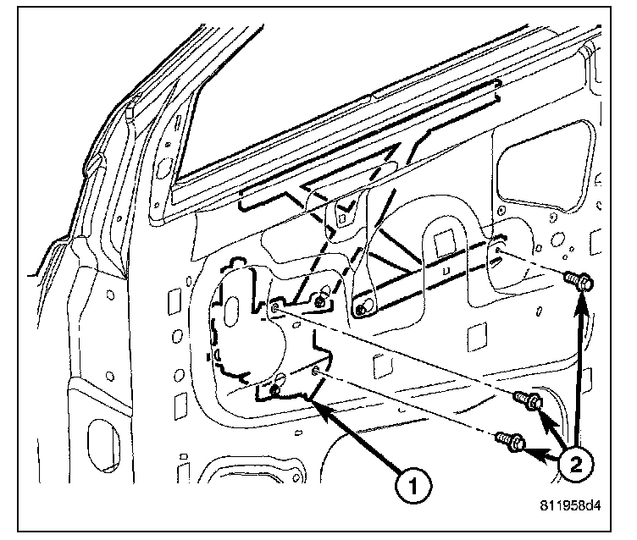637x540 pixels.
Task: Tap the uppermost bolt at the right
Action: point(580,282)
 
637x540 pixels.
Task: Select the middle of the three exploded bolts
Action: point(529,400)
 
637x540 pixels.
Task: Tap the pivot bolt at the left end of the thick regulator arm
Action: point(362,310)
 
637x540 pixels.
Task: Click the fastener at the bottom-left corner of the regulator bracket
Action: point(275,390)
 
